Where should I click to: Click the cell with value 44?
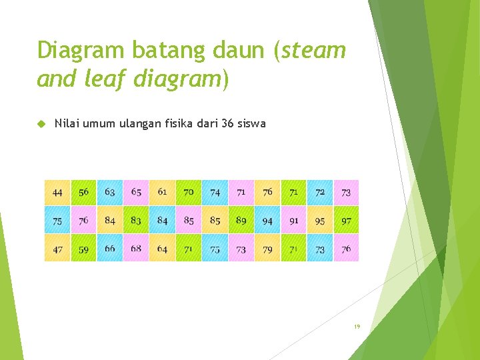(57, 192)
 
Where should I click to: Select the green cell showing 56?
(83, 192)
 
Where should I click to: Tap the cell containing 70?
(189, 192)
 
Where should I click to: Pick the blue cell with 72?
(320, 192)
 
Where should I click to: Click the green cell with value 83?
(136, 221)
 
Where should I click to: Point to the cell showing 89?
(241, 221)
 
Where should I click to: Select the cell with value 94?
(267, 221)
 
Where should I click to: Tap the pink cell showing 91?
(293, 221)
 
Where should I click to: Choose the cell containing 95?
(320, 221)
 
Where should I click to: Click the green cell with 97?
(346, 221)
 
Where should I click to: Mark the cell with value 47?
(57, 249)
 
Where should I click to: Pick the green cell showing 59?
(83, 249)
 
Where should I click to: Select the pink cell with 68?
(136, 249)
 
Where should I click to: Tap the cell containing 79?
(267, 249)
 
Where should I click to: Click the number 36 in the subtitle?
(235, 123)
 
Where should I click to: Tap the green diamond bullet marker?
(41, 124)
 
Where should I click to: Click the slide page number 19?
(357, 327)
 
